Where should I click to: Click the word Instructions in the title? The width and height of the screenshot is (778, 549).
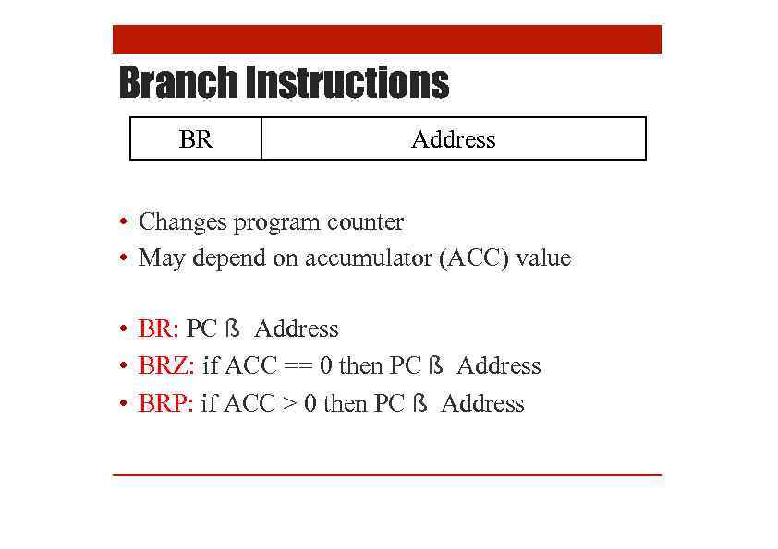point(347,83)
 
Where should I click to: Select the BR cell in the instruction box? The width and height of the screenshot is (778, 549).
point(196,139)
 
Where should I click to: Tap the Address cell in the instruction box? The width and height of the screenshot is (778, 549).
point(453,139)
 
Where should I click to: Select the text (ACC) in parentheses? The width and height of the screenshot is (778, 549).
point(476,258)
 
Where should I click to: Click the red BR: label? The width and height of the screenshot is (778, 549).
point(158,329)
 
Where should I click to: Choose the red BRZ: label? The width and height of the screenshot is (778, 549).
point(166,366)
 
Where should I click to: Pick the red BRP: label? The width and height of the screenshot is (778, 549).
point(165,404)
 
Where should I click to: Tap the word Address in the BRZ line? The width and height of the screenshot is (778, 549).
point(499,366)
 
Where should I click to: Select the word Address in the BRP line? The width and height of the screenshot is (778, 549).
point(482,404)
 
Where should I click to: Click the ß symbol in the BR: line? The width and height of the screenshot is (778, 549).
point(234,329)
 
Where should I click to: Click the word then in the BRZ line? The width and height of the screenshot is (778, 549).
point(361,366)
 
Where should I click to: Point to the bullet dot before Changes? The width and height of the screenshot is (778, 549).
point(123,223)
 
